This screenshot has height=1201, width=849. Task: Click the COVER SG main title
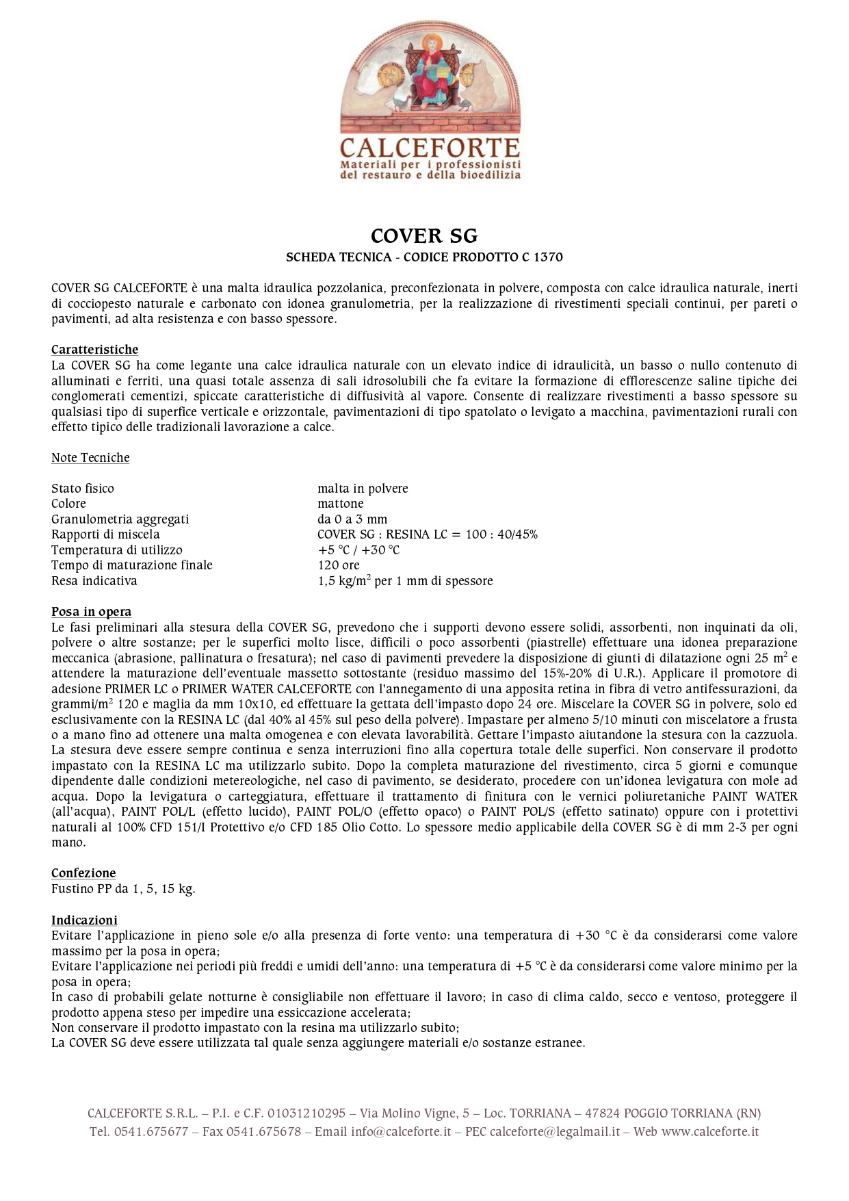424,236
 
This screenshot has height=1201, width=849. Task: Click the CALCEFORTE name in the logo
430,148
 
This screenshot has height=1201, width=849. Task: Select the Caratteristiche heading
94,350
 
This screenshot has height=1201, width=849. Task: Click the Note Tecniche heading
90,458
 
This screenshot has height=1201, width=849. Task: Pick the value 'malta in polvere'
363,489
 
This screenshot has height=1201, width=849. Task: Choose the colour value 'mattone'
340,504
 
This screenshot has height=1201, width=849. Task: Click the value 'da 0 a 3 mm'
352,519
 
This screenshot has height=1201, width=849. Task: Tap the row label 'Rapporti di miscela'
105,534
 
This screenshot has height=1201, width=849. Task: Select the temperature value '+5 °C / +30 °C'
358,550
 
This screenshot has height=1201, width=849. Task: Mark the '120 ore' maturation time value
338,565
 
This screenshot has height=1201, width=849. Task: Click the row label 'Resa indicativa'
94,581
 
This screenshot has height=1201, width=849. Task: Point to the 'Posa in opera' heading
91,612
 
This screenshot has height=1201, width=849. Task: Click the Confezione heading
83,873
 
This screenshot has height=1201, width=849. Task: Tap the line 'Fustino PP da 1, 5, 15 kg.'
123,889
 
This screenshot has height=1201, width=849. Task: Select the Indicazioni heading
84,920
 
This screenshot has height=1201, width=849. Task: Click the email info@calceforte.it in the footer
401,1132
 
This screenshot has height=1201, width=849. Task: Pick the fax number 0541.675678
263,1132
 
